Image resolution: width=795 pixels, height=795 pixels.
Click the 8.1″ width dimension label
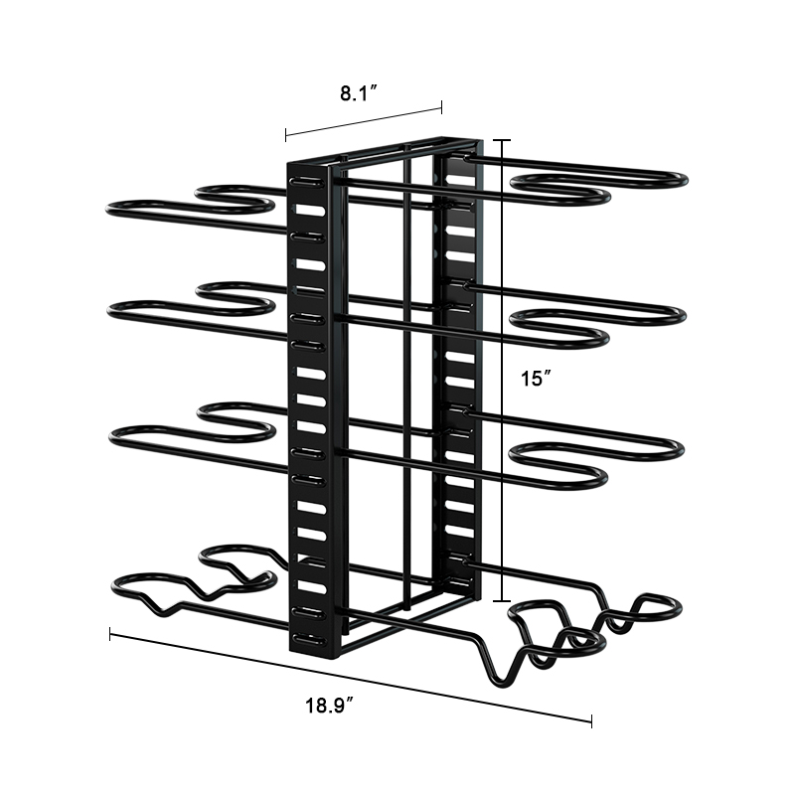pyautogui.click(x=359, y=93)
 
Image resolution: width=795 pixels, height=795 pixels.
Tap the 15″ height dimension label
pyautogui.click(x=536, y=379)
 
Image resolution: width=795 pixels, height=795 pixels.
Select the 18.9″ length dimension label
pyautogui.click(x=329, y=706)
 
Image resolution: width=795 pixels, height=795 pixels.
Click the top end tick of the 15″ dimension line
pyautogui.click(x=502, y=140)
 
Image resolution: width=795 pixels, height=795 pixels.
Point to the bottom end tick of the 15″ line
pyautogui.click(x=502, y=601)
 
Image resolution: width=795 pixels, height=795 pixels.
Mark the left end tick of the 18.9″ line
pyautogui.click(x=110, y=634)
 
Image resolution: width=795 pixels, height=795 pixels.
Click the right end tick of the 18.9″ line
pyautogui.click(x=591, y=721)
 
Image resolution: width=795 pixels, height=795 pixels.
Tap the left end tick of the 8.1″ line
pyautogui.click(x=286, y=134)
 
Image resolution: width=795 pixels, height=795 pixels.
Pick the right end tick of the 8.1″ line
pyautogui.click(x=441, y=107)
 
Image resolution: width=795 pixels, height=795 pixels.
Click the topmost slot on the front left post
pyautogui.click(x=306, y=182)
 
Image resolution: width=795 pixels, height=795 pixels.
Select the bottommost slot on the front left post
pyautogui.click(x=307, y=639)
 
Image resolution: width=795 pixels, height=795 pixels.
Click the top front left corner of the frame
pyautogui.click(x=289, y=164)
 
